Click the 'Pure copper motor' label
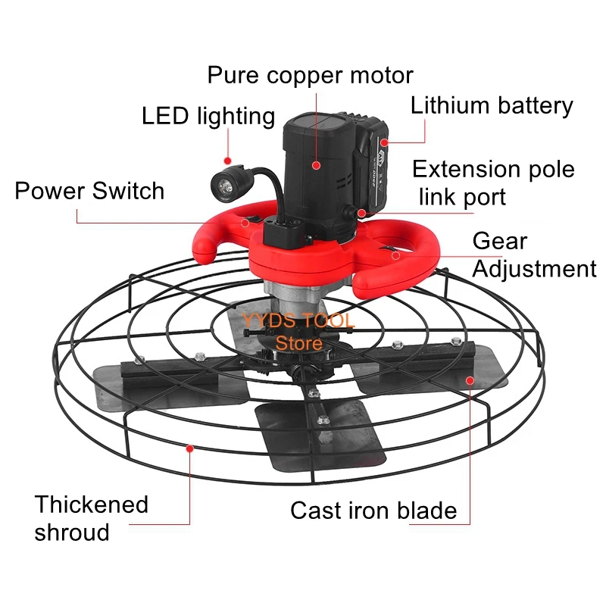coord(311,76)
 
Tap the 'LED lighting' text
coord(208,116)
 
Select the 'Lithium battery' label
coord(492,105)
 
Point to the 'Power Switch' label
coord(89,190)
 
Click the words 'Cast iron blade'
coord(373,510)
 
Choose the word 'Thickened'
coord(92,504)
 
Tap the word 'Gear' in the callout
coord(499,242)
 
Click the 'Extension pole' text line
coord(493,169)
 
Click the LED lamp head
coord(225,183)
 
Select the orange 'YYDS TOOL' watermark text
coord(298,320)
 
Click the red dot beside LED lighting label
coord(226,160)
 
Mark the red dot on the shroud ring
coord(189,448)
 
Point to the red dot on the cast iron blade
coord(469,380)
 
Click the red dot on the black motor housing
coord(316,164)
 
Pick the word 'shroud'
coord(72,532)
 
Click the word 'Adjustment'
coord(535,269)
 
